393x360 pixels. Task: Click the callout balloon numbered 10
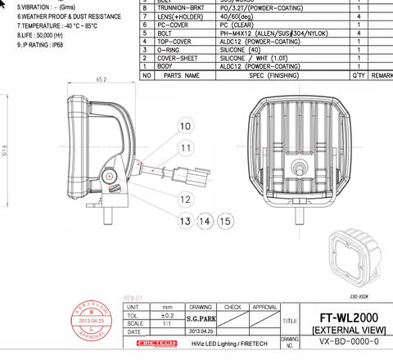pos(186,126)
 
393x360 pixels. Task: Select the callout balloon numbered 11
pos(186,148)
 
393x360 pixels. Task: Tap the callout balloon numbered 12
pos(186,199)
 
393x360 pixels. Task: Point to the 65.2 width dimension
pos(102,79)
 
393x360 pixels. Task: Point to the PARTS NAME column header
pos(182,75)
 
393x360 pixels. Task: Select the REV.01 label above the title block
pos(133,297)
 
